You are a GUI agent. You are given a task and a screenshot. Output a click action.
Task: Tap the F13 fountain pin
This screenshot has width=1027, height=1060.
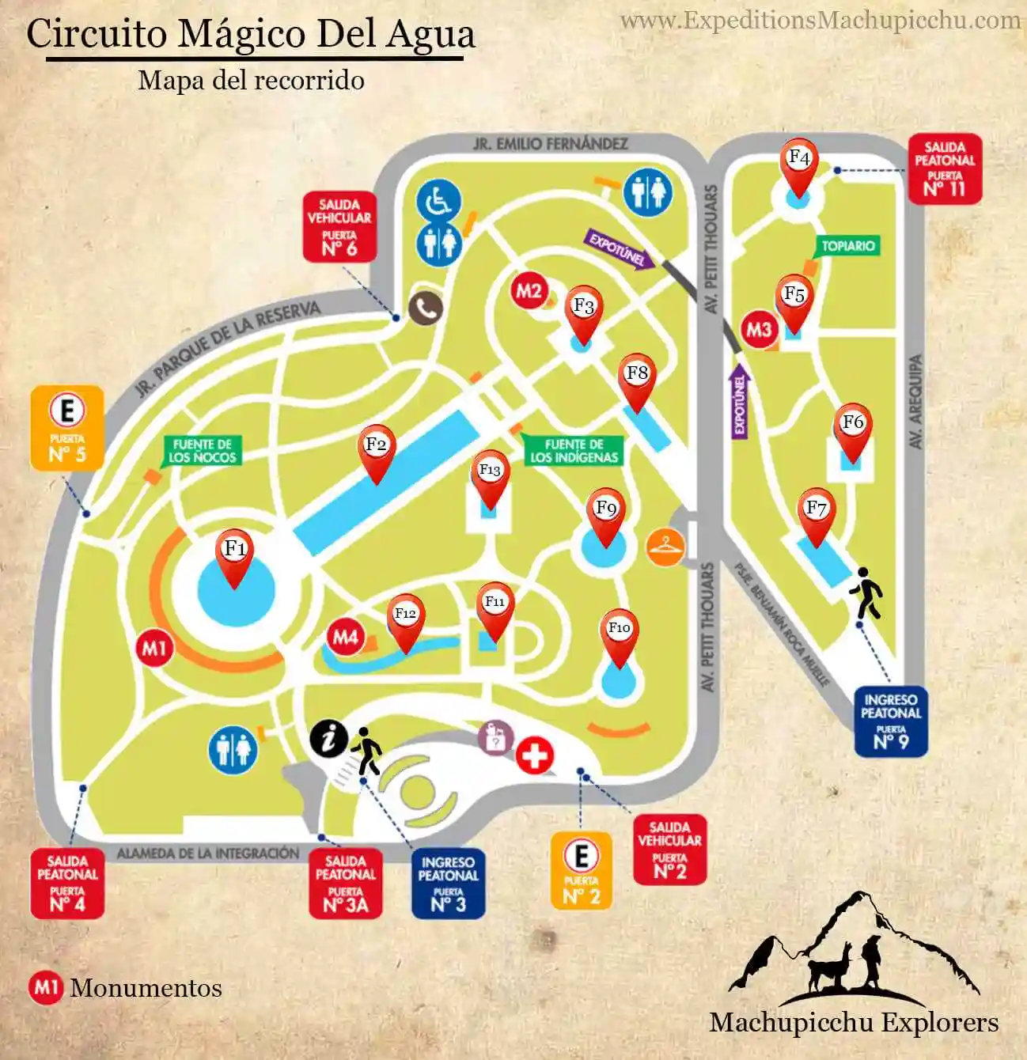490,474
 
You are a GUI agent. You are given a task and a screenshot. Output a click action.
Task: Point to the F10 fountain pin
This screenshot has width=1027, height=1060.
619,632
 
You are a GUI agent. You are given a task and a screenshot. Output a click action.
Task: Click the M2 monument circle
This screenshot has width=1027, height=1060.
528,291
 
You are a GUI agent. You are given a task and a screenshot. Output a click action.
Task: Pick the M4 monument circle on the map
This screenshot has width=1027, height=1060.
345,637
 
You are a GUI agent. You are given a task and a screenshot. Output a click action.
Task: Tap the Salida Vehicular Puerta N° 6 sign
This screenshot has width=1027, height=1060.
339,227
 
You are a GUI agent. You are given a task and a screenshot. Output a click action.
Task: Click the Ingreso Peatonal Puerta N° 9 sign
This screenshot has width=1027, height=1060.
890,721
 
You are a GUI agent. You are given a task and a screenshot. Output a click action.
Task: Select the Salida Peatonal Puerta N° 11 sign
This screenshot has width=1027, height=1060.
944,168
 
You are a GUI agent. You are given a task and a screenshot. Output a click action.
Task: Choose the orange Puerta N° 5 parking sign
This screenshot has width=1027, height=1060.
67,428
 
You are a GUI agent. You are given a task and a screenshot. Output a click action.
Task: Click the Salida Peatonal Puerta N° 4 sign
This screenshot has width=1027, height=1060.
67,883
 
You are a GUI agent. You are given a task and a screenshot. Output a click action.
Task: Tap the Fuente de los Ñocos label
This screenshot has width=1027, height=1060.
202,450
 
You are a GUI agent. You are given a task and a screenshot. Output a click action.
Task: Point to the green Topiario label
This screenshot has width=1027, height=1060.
847,246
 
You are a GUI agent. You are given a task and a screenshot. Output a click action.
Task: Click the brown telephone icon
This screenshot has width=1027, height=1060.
426,309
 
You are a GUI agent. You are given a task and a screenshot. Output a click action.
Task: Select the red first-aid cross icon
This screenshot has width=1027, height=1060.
535,756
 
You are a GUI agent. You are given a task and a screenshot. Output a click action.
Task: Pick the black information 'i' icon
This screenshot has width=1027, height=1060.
328,739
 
